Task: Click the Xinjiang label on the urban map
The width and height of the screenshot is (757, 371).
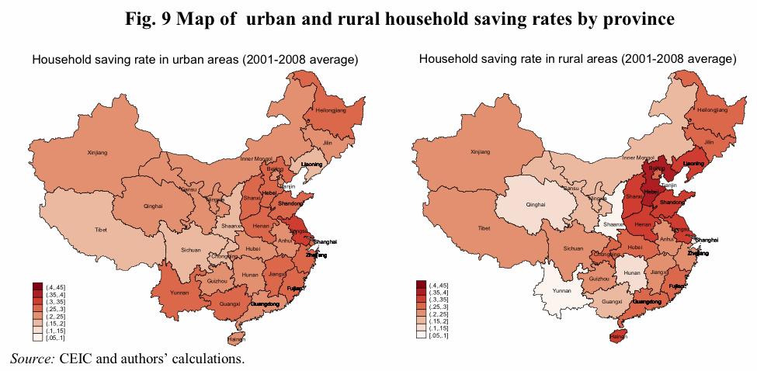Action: (x=98, y=153)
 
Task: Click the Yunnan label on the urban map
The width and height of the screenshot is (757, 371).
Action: (x=179, y=293)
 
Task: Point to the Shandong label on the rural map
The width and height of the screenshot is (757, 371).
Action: (x=673, y=202)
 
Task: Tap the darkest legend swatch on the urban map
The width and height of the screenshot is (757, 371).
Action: (x=36, y=288)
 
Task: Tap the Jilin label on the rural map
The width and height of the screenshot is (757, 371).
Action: (x=709, y=142)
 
